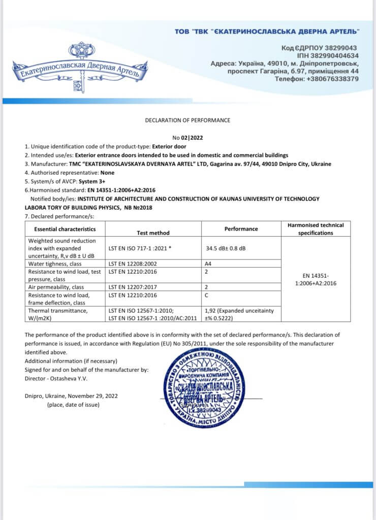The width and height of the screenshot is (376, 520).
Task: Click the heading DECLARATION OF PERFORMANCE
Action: [x=187, y=120]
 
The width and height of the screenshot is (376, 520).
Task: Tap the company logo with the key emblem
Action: [x=80, y=69]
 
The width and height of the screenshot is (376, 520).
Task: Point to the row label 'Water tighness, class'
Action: [x=55, y=264]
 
